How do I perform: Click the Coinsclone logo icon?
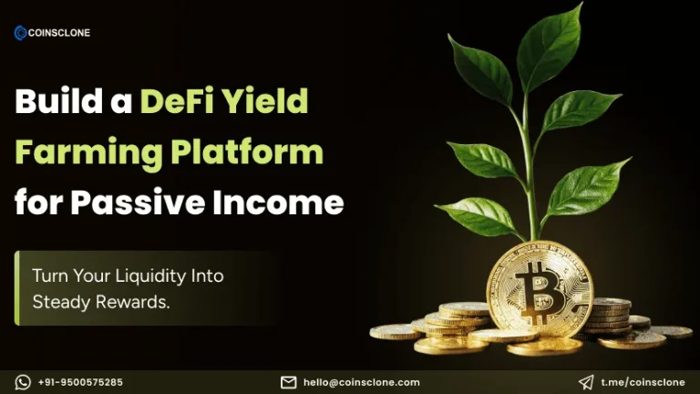point(21,33)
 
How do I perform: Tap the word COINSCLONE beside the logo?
point(60,34)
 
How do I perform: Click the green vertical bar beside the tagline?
point(16,288)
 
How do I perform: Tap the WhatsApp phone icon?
point(23,382)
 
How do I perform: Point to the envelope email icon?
point(288,382)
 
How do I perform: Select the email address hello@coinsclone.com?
point(361,382)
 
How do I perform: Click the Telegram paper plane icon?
point(586,382)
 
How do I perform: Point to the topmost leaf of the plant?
point(552,41)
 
